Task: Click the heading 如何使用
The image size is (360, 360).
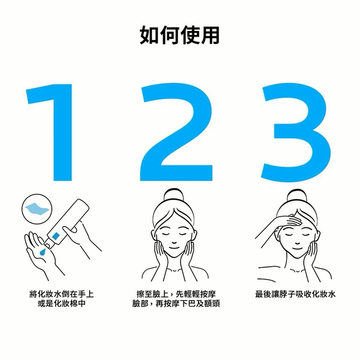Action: coord(179,35)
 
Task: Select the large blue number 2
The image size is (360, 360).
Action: coord(176,132)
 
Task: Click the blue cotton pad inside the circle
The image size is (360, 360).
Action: coord(37,209)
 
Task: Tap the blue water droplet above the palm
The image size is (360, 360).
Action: coord(43,251)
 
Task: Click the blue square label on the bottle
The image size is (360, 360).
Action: coord(56,236)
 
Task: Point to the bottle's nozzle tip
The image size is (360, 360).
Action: coord(47,246)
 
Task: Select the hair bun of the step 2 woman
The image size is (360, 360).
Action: coord(174,196)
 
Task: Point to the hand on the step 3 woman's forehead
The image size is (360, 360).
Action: coord(290,221)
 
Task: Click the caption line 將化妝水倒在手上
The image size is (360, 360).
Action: coord(62,294)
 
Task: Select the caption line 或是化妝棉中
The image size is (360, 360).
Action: coord(62,304)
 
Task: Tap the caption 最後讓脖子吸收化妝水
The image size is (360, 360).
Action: coord(295,294)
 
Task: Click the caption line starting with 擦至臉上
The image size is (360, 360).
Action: coord(176,294)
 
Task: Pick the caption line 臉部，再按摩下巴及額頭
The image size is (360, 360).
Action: coord(176,304)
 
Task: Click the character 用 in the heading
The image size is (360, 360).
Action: coord(210,35)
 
